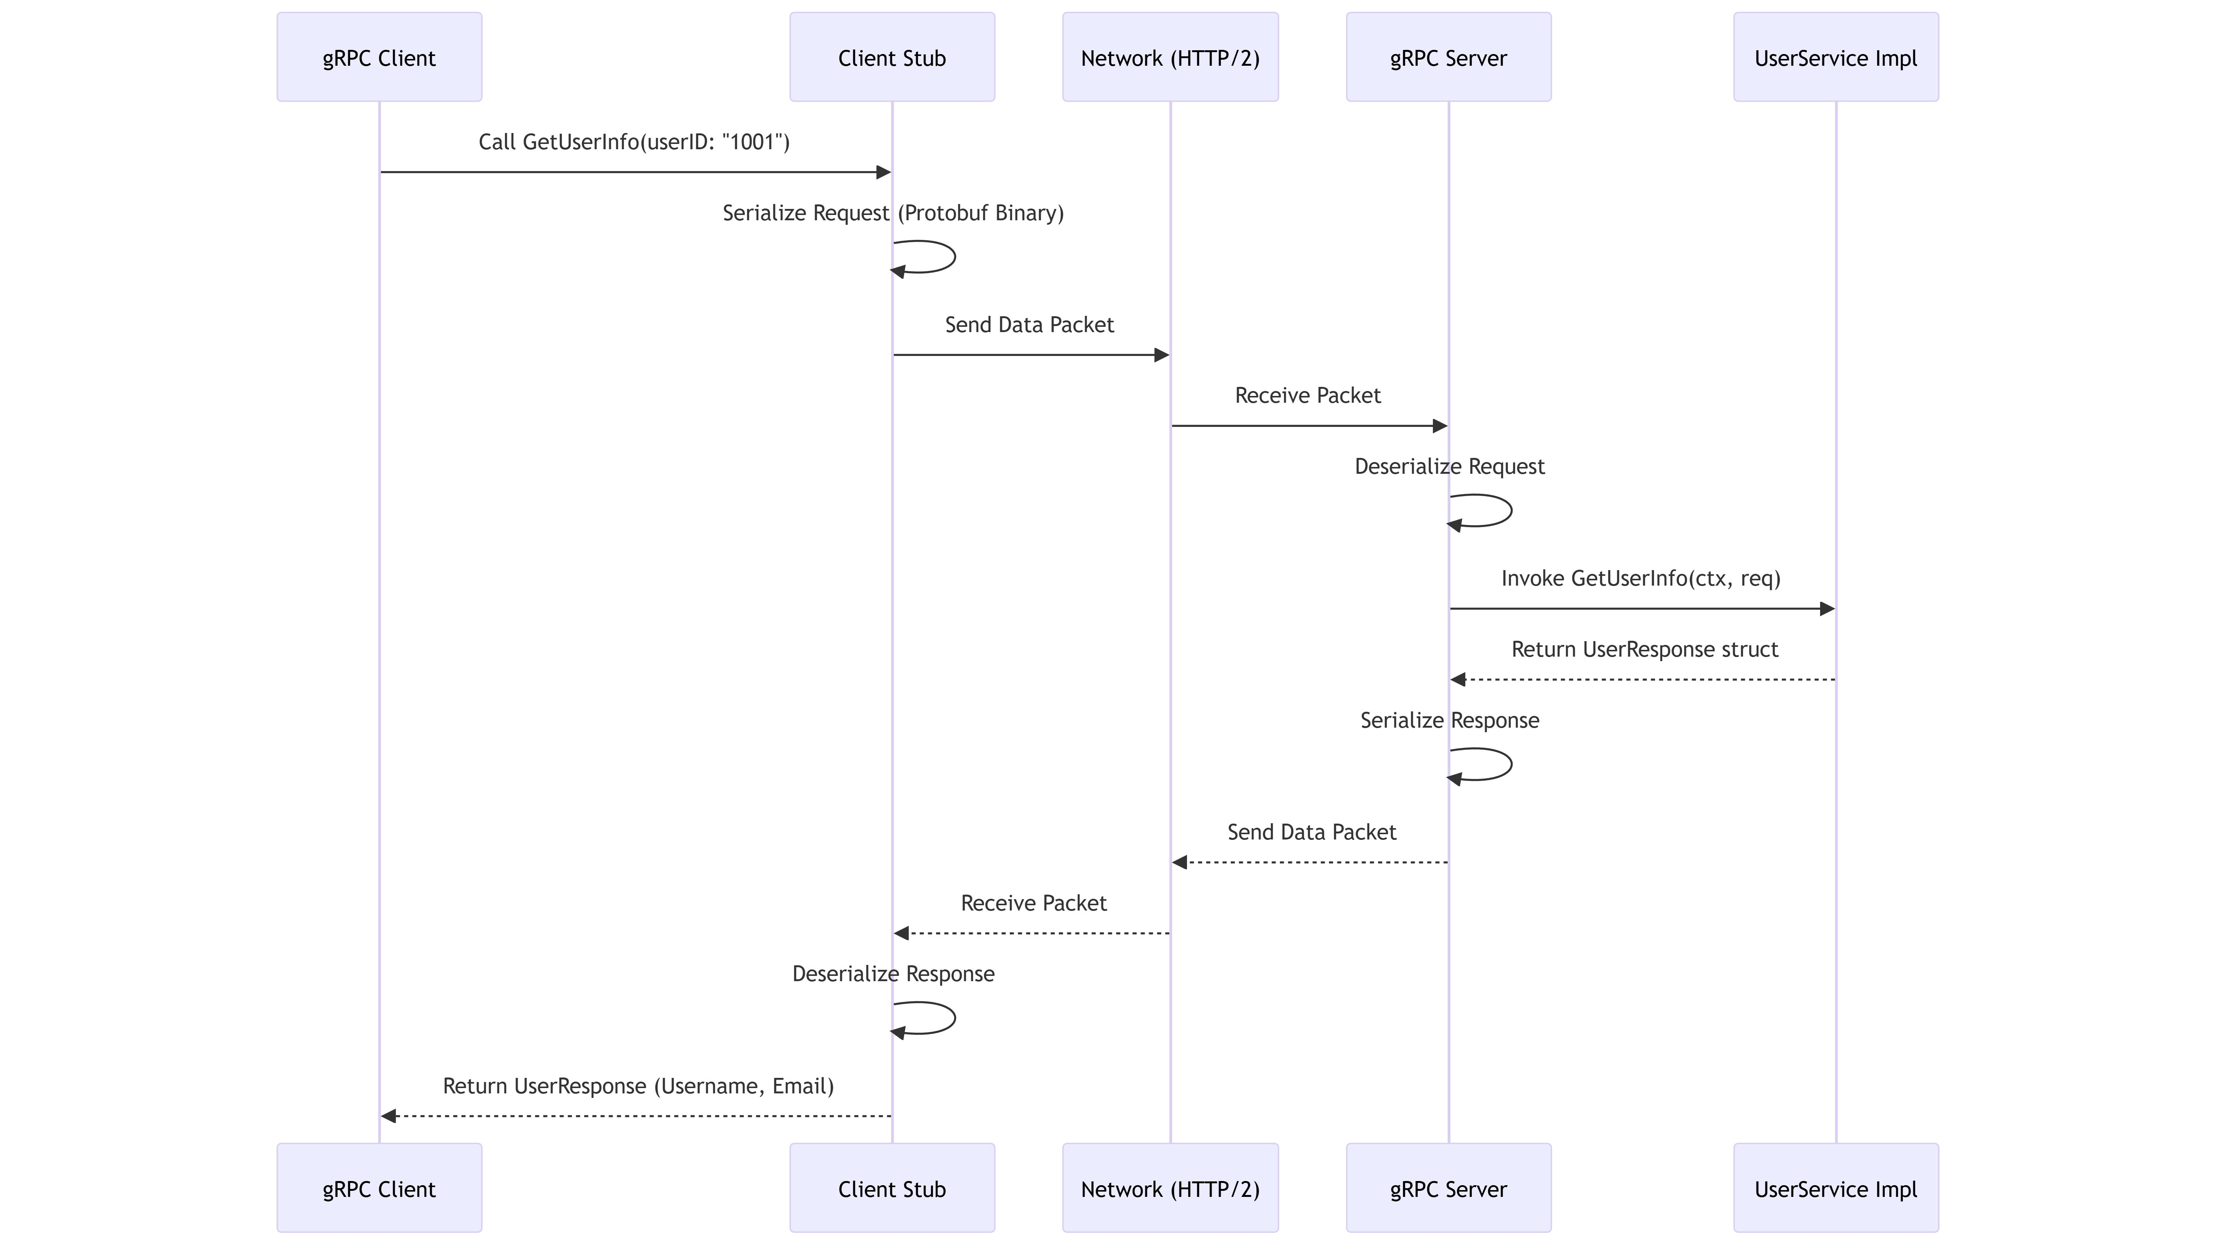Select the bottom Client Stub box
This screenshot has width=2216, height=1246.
click(892, 1188)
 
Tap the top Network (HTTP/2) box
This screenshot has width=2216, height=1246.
click(1170, 58)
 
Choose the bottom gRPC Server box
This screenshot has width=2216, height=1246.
click(1449, 1188)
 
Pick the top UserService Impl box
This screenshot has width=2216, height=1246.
click(1836, 58)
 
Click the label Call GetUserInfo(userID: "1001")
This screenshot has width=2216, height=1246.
click(634, 142)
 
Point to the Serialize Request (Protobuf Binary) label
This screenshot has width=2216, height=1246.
click(893, 213)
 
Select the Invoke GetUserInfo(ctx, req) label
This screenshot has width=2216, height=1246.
click(1641, 578)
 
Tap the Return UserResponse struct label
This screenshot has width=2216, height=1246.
click(1644, 650)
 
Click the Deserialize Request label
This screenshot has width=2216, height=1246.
click(1450, 466)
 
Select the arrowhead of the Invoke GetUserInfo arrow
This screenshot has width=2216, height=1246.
click(1827, 609)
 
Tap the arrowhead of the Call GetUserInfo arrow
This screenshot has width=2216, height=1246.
click(882, 172)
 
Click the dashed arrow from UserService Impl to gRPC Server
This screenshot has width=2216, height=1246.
click(1643, 680)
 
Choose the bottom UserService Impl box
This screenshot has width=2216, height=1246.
click(1836, 1188)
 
